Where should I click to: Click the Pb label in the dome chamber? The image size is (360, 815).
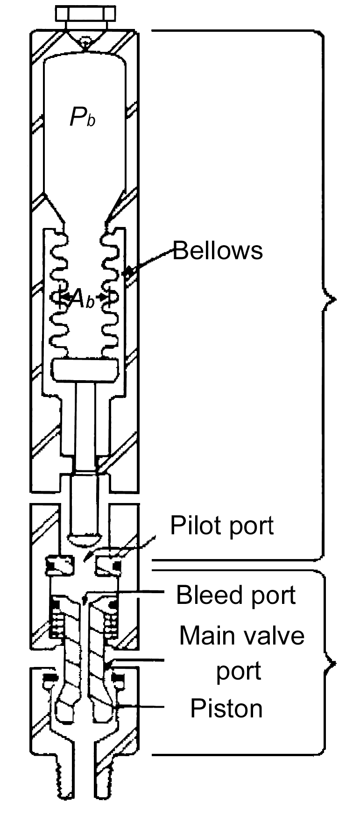coord(83,117)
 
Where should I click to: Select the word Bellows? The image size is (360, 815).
coord(218,251)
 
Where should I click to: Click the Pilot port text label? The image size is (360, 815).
coord(222,525)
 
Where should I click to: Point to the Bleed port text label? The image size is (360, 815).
coord(236,595)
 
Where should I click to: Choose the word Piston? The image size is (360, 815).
coord(226,709)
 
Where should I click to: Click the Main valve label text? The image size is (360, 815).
coord(242,636)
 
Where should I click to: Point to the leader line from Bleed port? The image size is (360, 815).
coord(126,592)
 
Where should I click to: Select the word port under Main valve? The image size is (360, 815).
coord(238,671)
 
